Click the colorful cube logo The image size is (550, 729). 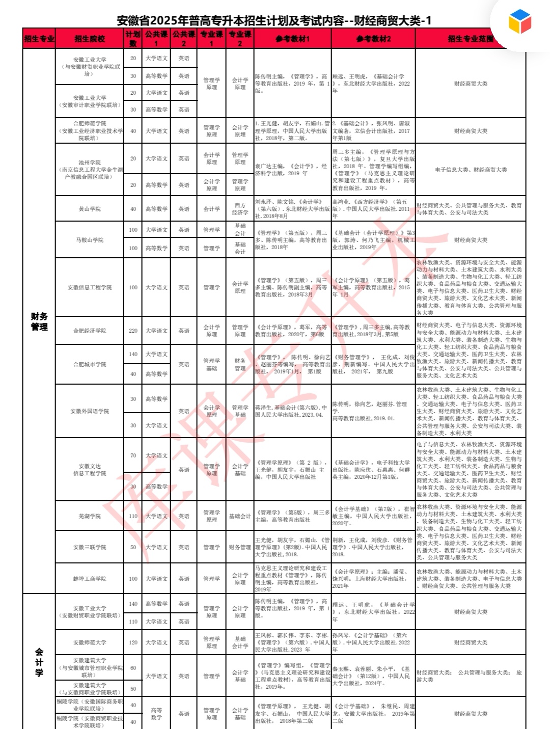(519, 21)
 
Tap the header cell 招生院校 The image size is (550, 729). (90, 39)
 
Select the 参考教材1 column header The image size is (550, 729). (292, 39)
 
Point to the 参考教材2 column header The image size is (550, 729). (373, 39)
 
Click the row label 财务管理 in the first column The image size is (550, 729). (39, 321)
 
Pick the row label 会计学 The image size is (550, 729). (39, 662)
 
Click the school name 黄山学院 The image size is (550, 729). (90, 209)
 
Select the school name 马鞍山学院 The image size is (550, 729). (90, 239)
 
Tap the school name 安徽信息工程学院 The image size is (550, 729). (90, 287)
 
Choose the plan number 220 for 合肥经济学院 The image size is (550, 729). (133, 331)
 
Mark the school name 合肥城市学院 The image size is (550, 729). (90, 364)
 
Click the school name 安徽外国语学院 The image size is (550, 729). (90, 411)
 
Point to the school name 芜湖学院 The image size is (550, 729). (90, 516)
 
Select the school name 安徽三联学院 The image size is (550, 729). (90, 547)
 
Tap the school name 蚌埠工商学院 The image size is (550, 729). (90, 579)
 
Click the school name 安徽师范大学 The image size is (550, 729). (90, 642)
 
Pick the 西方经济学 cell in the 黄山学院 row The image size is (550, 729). (240, 209)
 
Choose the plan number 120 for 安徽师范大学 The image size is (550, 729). (133, 642)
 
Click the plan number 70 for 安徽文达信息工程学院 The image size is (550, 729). (133, 455)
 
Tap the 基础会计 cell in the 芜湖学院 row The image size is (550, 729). (240, 516)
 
